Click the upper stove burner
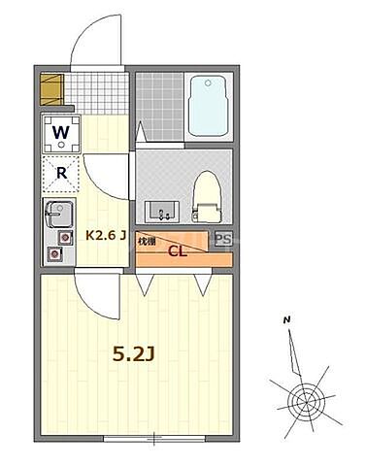point(65,236)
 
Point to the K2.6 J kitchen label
point(107,235)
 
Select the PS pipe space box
point(223,240)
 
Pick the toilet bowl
point(205,192)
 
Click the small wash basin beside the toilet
point(161,211)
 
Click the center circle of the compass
point(307,399)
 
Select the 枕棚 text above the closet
point(147,240)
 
